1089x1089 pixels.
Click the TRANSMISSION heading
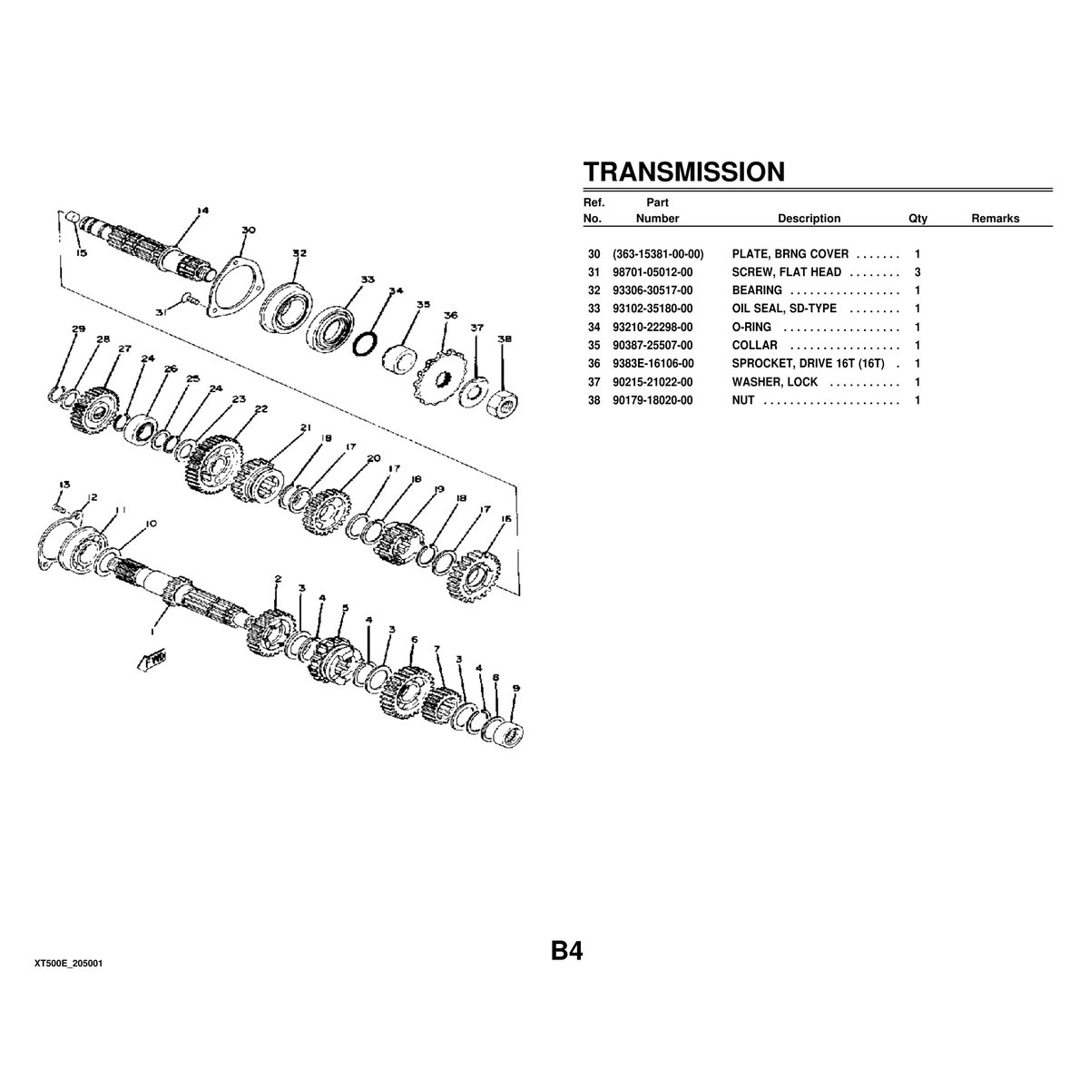(x=683, y=172)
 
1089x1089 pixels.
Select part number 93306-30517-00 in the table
(x=652, y=290)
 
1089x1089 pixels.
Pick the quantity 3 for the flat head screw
(x=917, y=272)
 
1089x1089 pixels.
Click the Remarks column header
(x=995, y=219)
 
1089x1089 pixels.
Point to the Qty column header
(x=917, y=219)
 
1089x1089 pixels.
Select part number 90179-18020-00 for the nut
(x=652, y=400)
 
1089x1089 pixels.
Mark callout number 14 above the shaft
(x=201, y=211)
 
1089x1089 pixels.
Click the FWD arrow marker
(x=149, y=660)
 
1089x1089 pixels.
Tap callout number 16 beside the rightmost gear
(x=505, y=519)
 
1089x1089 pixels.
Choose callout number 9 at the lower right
(x=515, y=689)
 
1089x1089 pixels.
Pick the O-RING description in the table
(x=751, y=327)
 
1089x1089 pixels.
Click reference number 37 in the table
(x=594, y=382)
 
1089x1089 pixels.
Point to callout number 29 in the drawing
(x=78, y=329)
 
